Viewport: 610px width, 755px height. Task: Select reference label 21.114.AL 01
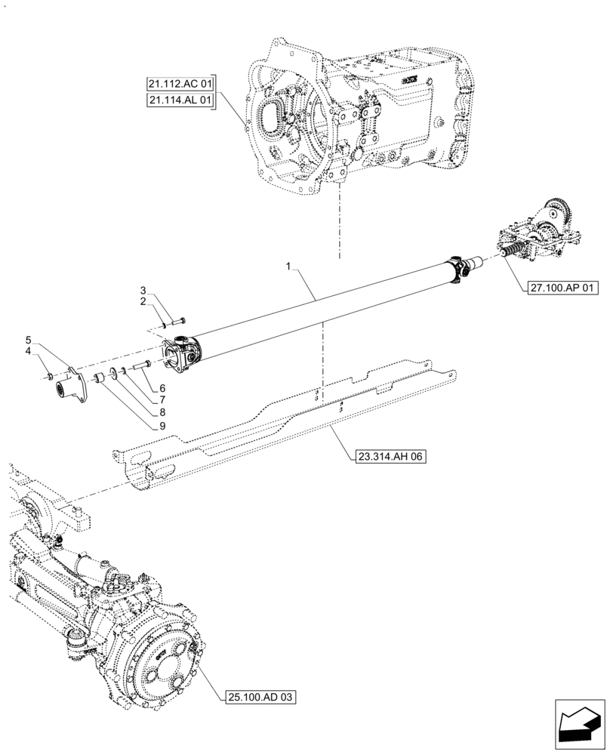(x=180, y=99)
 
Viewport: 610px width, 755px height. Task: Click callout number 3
(x=142, y=290)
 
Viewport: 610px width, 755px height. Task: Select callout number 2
(x=142, y=301)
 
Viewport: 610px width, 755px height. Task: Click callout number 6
(x=162, y=388)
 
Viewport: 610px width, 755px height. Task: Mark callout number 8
(x=162, y=413)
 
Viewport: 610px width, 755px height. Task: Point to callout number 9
(x=162, y=426)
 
